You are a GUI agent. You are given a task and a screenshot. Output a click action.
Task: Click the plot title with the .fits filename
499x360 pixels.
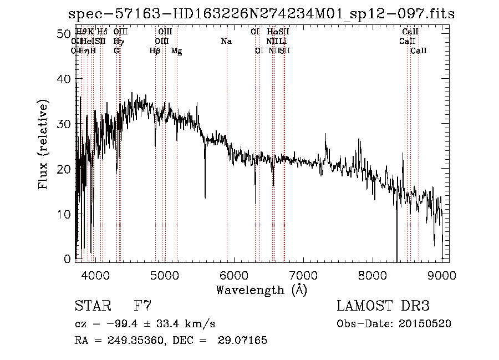point(261,14)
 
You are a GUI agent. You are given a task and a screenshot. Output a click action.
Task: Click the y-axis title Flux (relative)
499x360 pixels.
point(43,144)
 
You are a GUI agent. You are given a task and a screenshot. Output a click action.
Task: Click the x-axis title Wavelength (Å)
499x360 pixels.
point(261,290)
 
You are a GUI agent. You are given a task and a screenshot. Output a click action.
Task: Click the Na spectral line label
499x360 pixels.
point(226,42)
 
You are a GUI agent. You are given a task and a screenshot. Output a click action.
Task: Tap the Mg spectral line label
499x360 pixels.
point(176,51)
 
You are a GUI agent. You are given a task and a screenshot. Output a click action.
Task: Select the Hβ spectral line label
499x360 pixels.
point(155,51)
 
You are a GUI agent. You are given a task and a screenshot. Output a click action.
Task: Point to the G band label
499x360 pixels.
point(116,51)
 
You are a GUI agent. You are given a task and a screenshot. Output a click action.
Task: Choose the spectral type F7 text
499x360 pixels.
point(142,306)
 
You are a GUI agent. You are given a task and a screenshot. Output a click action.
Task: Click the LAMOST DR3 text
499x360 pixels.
point(383,306)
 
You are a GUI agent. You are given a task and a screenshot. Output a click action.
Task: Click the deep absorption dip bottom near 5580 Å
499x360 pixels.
point(205,197)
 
